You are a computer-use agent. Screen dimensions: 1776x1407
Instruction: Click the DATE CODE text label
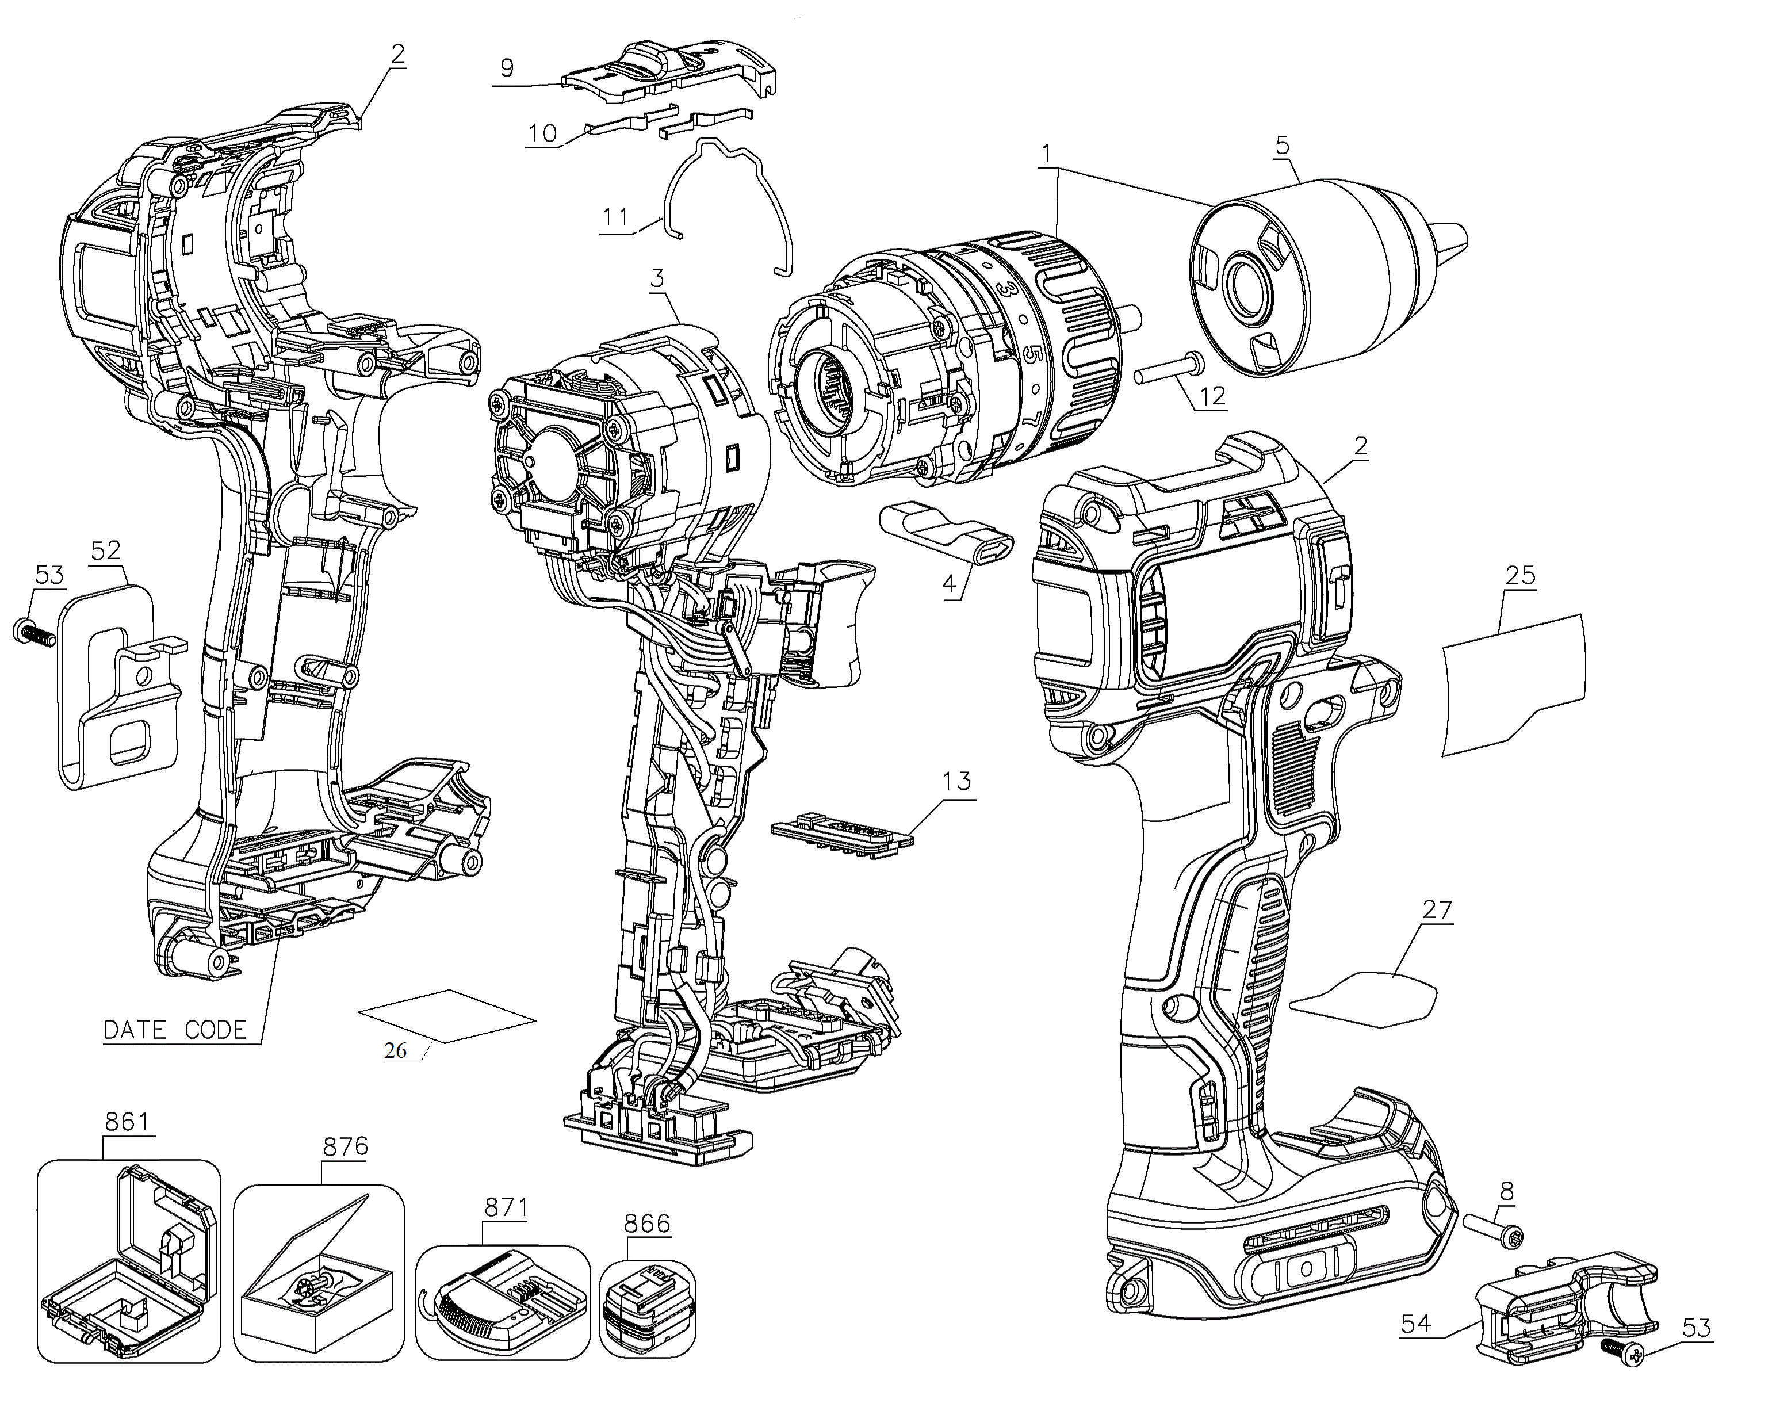(175, 1030)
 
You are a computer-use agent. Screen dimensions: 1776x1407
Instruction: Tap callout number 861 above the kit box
(127, 1121)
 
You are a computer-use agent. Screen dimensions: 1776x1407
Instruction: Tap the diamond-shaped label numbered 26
(448, 1016)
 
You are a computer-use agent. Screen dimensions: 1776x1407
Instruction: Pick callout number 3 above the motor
(657, 278)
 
